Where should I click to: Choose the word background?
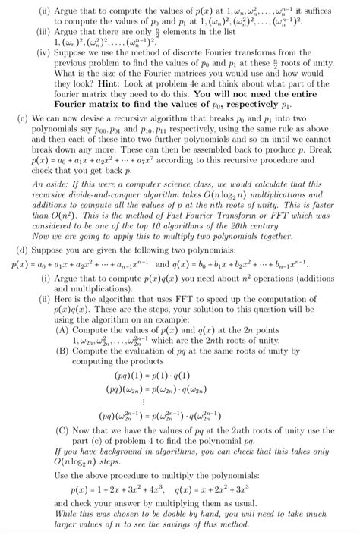pyautogui.click(x=102, y=451)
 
